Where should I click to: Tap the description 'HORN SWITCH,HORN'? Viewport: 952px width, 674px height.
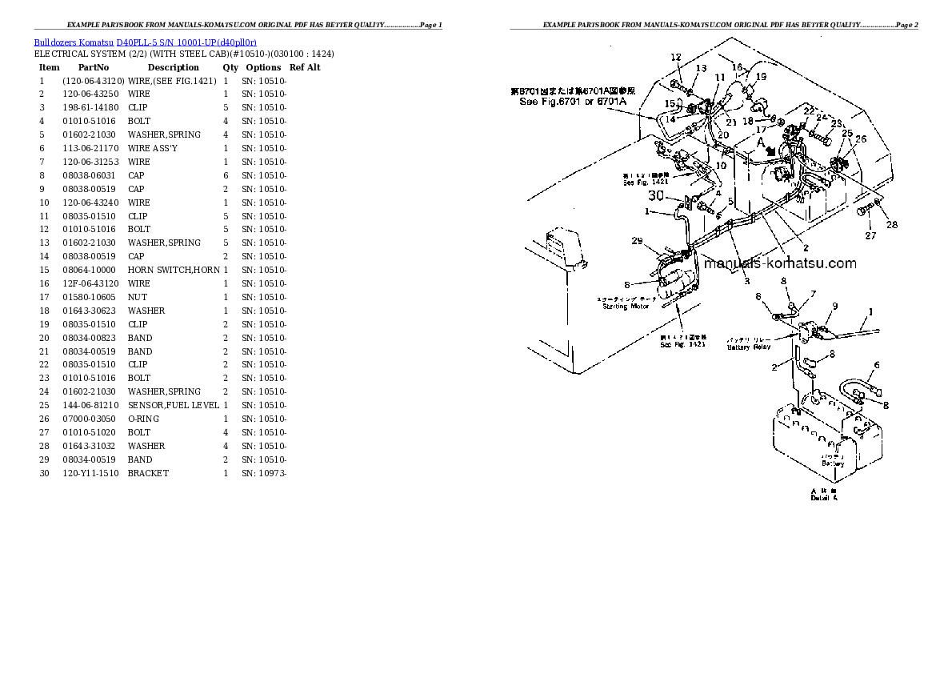click(x=173, y=270)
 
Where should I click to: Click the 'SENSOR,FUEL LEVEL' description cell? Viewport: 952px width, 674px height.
click(x=173, y=405)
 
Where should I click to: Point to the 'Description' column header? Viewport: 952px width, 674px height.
click(x=173, y=67)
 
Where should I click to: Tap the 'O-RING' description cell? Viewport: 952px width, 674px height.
click(x=143, y=419)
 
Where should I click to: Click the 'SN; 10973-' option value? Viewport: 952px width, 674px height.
click(x=264, y=473)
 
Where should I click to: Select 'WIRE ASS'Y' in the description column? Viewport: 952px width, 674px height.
click(x=153, y=148)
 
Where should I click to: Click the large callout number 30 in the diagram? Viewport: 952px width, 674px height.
click(x=656, y=195)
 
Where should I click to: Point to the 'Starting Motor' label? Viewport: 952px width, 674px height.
click(x=626, y=306)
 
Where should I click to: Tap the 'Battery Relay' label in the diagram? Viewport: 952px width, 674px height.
click(x=749, y=347)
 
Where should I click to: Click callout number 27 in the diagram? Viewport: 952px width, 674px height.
click(x=870, y=235)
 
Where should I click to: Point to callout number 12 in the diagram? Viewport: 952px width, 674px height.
click(x=675, y=57)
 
